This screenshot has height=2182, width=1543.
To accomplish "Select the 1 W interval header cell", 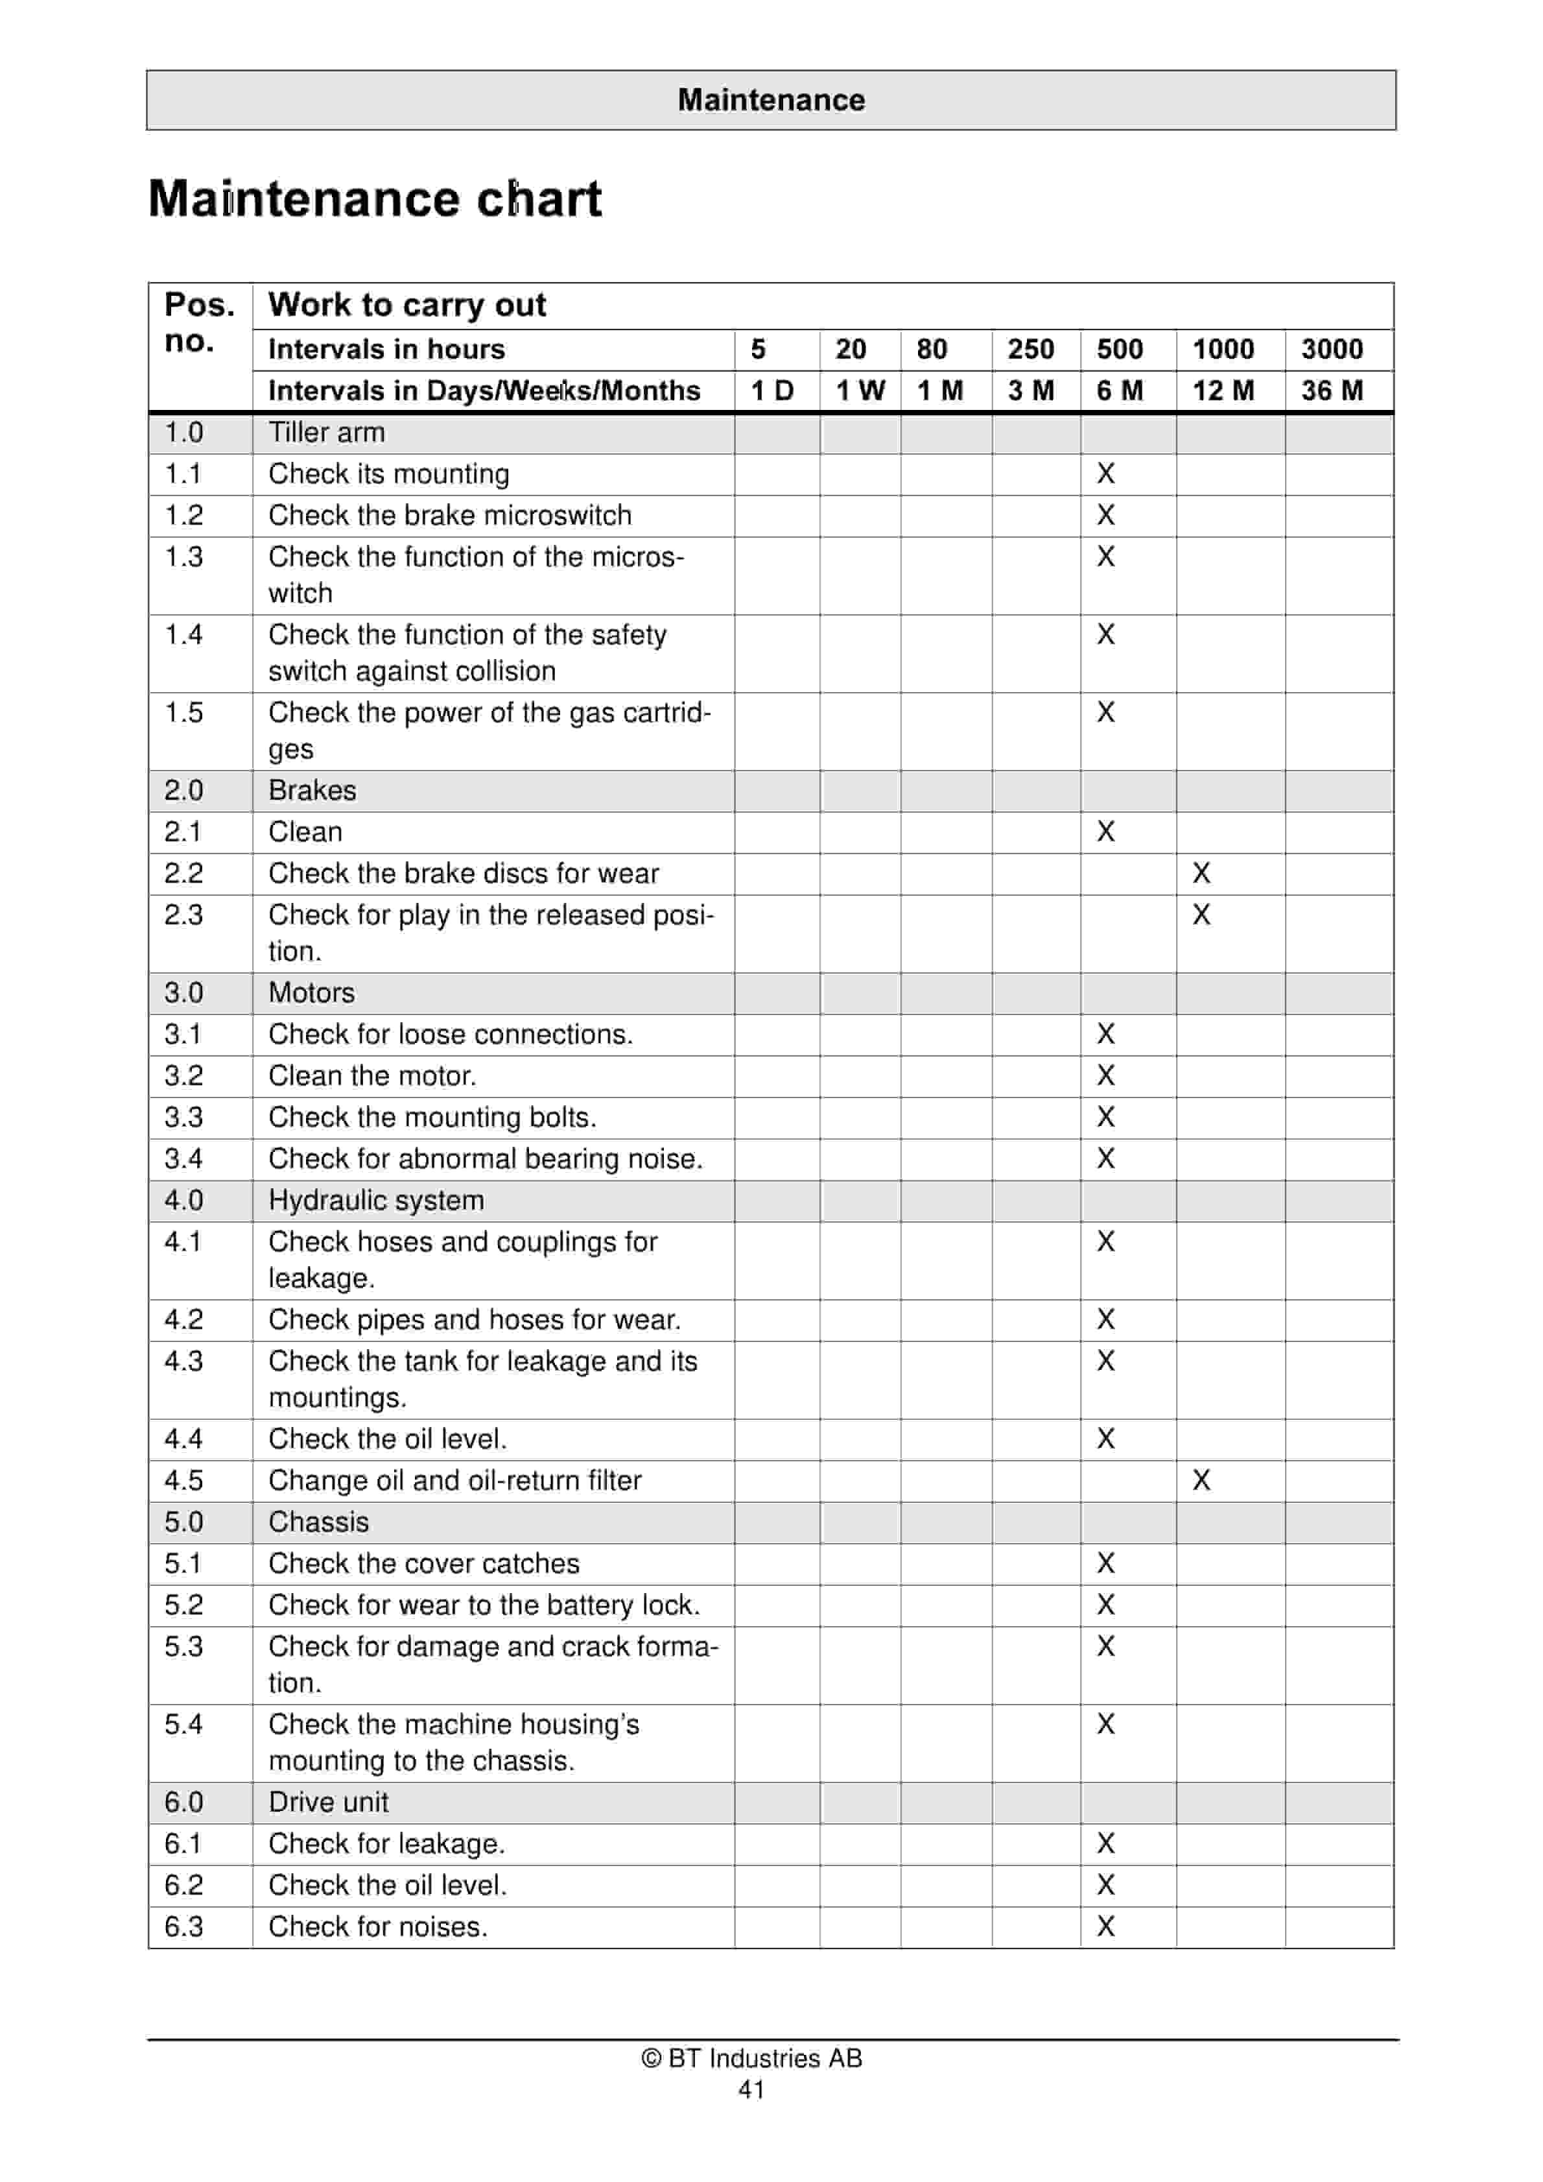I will tap(860, 390).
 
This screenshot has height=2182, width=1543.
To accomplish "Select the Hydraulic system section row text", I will tap(376, 1200).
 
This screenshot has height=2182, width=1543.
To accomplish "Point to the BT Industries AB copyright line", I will tap(751, 2059).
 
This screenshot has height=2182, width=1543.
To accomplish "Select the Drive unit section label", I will tap(329, 1802).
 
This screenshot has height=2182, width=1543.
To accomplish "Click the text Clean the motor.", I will tap(372, 1076).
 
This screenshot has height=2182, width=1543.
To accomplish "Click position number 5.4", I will tap(183, 1724).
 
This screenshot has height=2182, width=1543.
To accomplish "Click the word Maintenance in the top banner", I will tap(771, 100).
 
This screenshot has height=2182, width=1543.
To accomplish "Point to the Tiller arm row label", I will tap(327, 433).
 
